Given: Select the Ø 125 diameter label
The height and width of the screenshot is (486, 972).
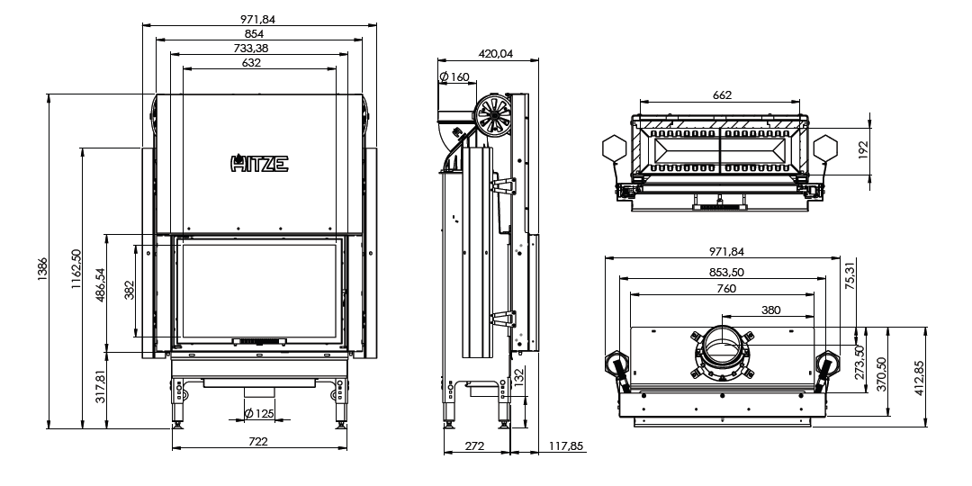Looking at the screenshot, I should click(259, 413).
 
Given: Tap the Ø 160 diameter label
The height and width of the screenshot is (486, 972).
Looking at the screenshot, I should click(455, 77).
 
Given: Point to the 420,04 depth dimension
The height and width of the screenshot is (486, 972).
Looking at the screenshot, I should click(496, 55).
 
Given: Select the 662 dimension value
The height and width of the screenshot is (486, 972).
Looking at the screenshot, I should click(721, 95).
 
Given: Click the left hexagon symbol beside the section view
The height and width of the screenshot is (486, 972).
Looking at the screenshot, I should click(612, 148).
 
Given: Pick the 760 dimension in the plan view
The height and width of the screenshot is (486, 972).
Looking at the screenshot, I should click(726, 289).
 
